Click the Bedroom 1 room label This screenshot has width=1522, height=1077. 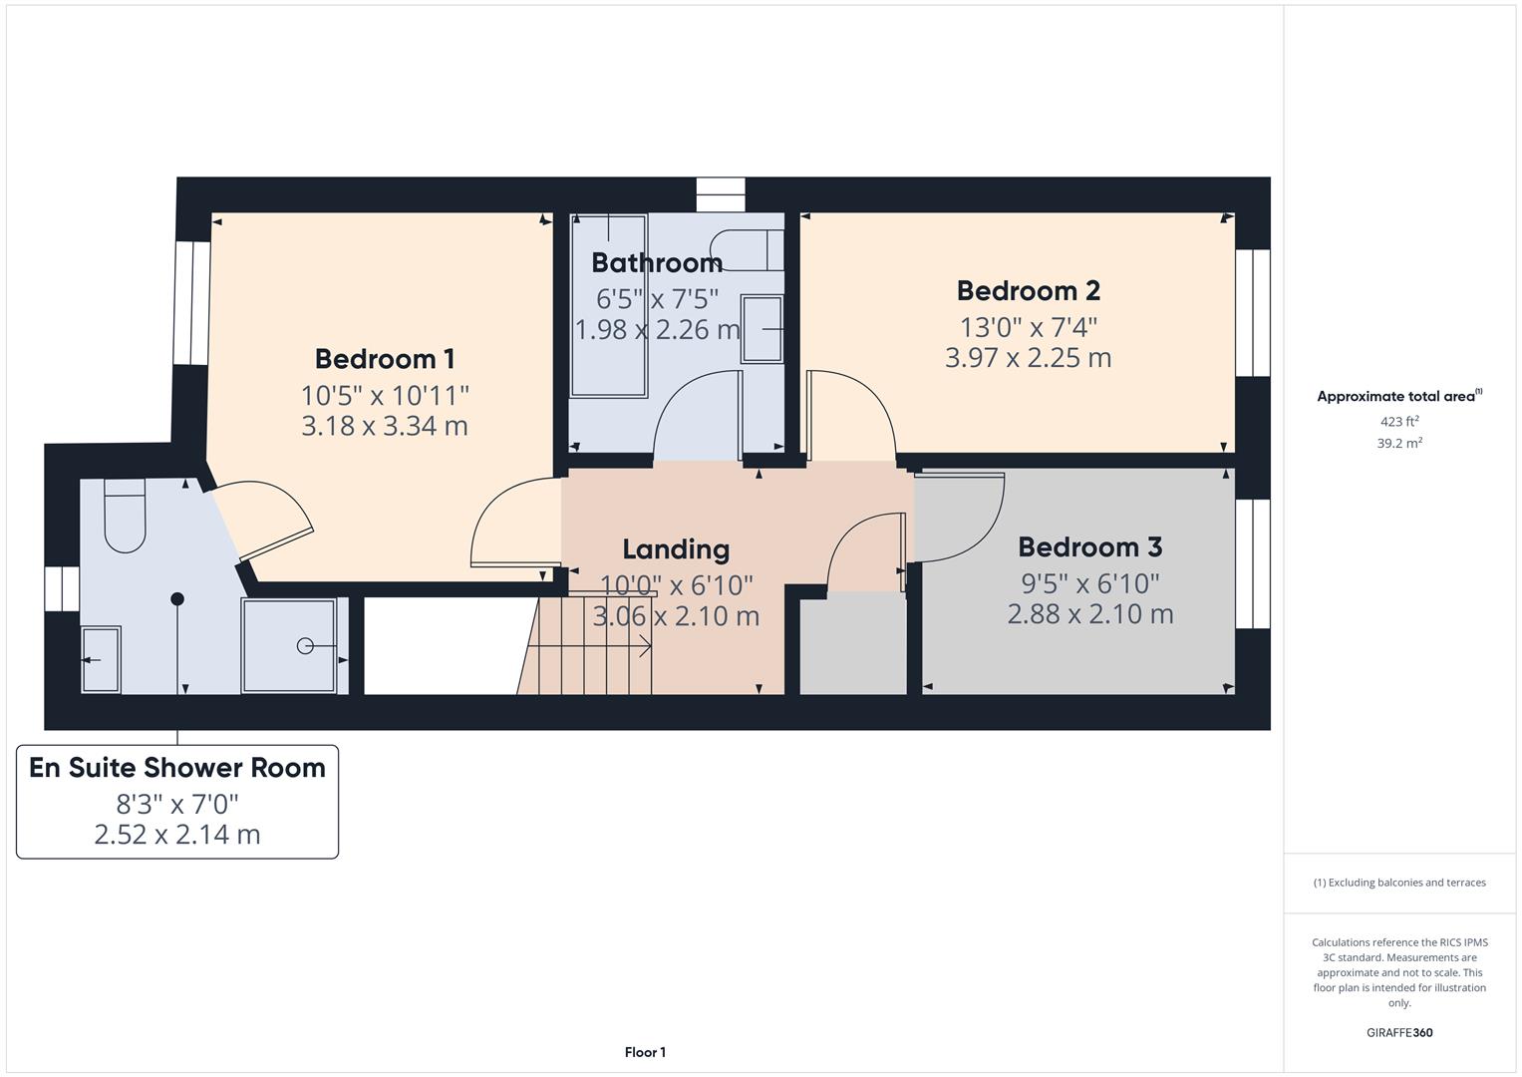[385, 359]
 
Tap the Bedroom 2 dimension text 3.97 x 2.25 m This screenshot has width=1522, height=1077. [1028, 357]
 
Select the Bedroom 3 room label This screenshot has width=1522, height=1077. [1089, 547]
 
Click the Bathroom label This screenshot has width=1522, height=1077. [657, 263]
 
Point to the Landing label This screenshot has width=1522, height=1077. [676, 549]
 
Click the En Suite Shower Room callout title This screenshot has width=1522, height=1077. [177, 768]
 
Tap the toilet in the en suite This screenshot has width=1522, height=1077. [125, 517]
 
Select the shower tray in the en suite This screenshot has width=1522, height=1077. [290, 646]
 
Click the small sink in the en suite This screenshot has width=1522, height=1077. [100, 659]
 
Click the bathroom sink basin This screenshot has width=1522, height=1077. [762, 329]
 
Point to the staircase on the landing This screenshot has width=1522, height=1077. [588, 646]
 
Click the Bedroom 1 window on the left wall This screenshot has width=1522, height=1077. [191, 303]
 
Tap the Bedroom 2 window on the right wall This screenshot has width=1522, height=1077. [1253, 312]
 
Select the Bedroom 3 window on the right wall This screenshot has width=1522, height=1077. [1253, 563]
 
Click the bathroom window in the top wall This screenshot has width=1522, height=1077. [720, 194]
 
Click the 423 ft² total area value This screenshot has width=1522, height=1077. [1398, 422]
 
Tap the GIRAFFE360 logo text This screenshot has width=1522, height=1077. [1398, 1032]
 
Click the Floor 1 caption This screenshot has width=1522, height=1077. [645, 1052]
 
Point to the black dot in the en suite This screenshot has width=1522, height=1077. [177, 599]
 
